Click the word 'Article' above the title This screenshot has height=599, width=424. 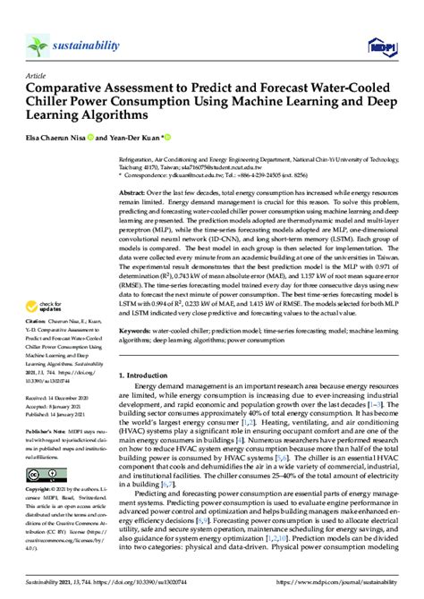38,77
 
